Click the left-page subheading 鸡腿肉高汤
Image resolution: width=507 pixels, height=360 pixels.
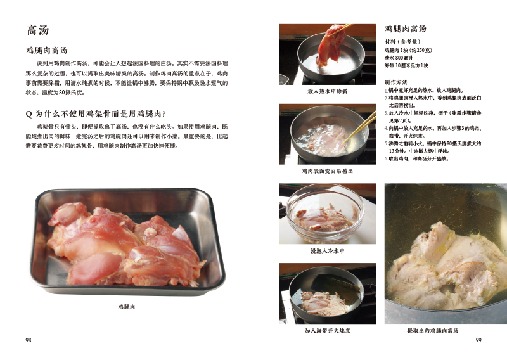tap(47, 50)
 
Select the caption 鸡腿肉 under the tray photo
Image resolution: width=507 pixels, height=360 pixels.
tap(127, 307)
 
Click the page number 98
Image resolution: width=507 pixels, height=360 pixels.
tap(29, 340)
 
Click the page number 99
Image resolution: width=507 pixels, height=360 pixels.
tap(478, 340)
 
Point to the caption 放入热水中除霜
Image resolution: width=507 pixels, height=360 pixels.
tap(328, 91)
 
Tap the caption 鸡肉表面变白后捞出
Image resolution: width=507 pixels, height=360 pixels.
tap(328, 171)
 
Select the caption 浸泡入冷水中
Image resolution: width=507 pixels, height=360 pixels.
tap(328, 251)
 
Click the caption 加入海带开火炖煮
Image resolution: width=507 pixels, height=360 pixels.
tap(328, 331)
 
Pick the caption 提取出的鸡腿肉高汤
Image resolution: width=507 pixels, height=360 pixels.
tap(433, 331)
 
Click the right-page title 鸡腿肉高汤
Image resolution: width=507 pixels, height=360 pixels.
tap(406, 29)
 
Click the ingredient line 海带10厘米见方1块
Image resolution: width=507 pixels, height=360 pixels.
tap(407, 65)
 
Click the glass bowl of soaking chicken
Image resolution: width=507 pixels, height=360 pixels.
tap(325, 215)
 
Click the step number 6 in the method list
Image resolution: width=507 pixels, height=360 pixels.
tap(387, 158)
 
